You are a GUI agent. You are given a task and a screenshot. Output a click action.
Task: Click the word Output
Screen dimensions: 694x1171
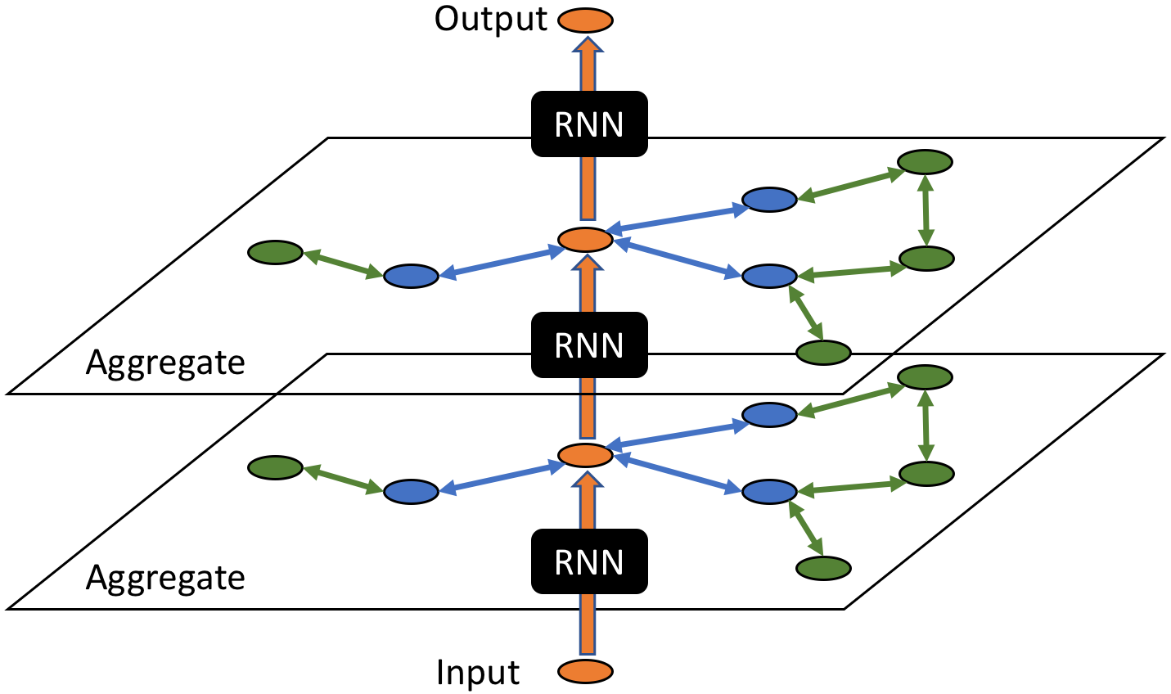pos(490,19)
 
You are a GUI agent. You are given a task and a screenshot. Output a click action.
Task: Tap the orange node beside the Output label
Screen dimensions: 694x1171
pos(585,20)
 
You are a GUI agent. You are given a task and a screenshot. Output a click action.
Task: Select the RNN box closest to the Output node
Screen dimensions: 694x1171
pos(589,124)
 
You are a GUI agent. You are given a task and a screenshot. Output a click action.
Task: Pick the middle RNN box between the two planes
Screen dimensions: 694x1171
pos(589,345)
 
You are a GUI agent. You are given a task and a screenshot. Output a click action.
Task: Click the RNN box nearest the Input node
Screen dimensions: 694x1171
pos(589,561)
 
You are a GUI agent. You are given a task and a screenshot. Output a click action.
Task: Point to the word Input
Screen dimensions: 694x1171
pos(478,673)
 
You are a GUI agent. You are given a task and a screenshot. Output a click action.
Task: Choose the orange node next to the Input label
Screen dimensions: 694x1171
pos(585,672)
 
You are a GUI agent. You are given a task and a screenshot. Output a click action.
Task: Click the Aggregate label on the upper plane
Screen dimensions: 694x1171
pos(165,363)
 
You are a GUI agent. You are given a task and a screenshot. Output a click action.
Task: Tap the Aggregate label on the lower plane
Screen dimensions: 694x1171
pos(165,578)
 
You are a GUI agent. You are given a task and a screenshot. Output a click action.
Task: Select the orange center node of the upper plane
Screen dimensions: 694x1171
pos(585,239)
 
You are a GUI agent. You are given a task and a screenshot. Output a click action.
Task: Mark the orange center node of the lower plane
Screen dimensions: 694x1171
pos(585,455)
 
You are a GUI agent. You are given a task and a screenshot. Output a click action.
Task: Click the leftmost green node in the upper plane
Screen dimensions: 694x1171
pos(276,252)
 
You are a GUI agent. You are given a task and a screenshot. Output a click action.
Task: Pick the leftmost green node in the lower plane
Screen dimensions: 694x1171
pos(276,468)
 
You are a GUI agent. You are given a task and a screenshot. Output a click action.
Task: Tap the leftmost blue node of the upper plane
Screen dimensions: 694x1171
pos(411,277)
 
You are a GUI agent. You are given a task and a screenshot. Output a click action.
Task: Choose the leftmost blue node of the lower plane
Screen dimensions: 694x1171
pos(411,492)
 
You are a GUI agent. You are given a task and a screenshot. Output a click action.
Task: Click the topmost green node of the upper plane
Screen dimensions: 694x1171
pos(926,162)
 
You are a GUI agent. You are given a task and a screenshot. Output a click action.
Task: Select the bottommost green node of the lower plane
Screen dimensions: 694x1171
pos(824,567)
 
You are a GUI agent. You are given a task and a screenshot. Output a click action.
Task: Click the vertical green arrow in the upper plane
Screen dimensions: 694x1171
pos(926,210)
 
